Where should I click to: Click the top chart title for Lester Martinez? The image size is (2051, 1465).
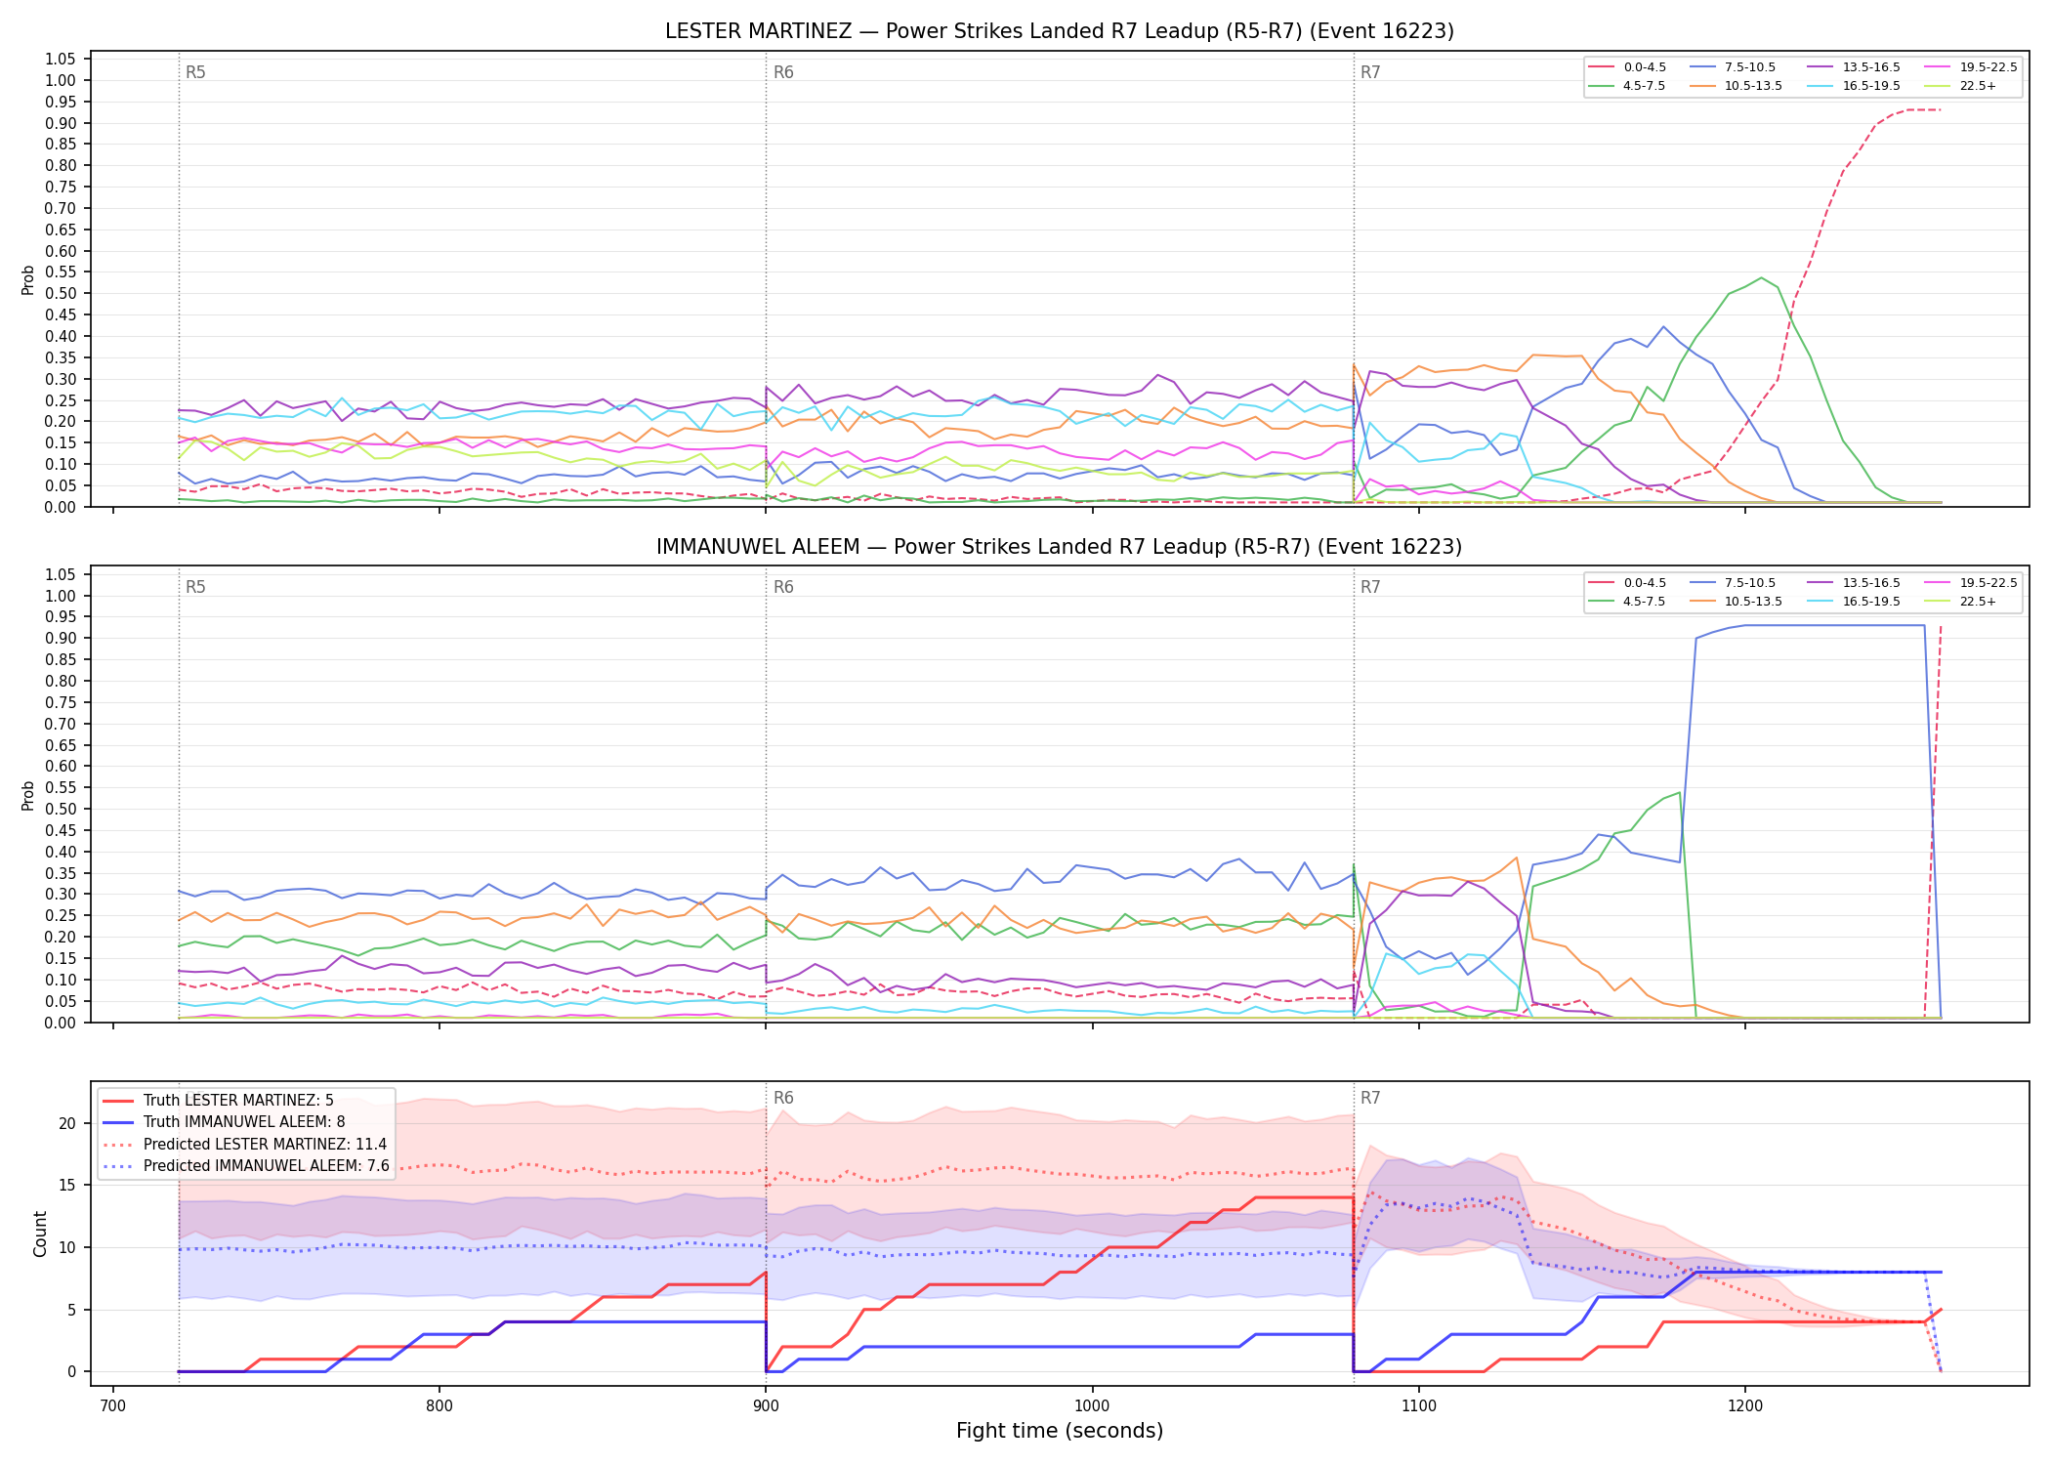click(1060, 31)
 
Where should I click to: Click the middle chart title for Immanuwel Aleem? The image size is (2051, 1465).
click(1060, 547)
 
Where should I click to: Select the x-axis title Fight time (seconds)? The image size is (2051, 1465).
click(1060, 1431)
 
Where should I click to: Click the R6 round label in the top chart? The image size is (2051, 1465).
click(783, 72)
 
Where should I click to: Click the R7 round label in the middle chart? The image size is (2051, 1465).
click(1370, 587)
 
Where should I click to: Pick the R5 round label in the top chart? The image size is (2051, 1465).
click(195, 72)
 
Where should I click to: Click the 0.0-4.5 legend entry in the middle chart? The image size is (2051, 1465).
click(1626, 583)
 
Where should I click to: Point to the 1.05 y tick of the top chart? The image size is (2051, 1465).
click(61, 60)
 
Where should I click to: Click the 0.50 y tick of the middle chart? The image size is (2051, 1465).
click(61, 809)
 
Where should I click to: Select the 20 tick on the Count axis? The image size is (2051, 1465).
click(66, 1123)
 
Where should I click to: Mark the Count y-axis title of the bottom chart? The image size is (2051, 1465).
click(40, 1234)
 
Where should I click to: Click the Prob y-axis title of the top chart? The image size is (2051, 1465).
click(28, 279)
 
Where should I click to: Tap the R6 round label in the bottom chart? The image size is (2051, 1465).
click(783, 1098)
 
